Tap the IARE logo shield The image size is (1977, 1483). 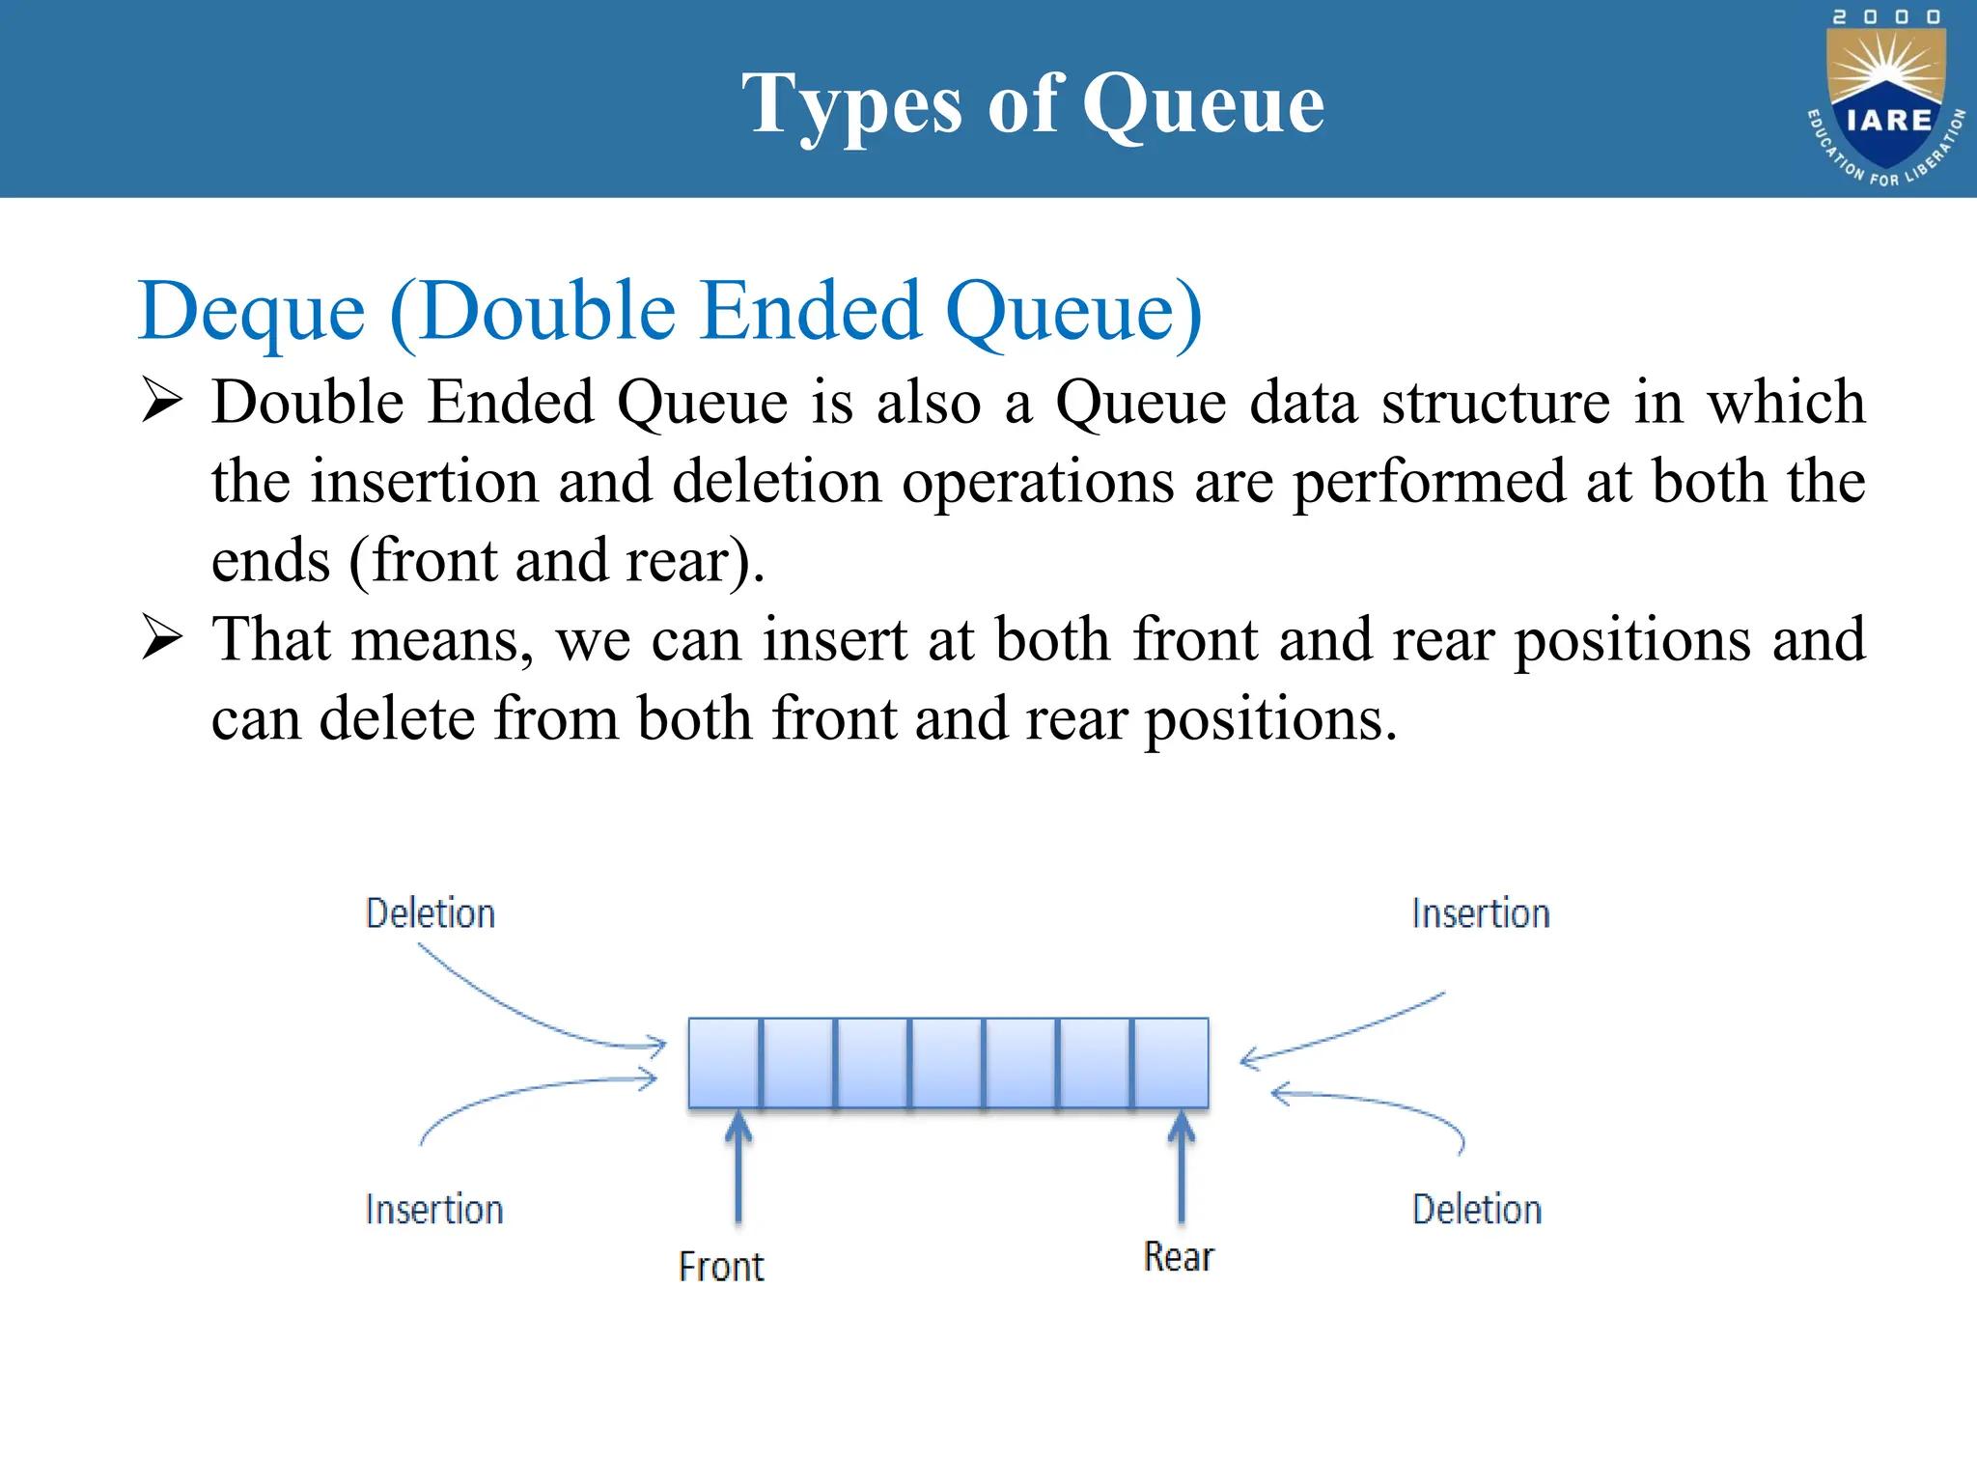pyautogui.click(x=1887, y=101)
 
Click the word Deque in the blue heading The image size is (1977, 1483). pyautogui.click(x=252, y=312)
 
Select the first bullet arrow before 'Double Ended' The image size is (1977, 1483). pyautogui.click(x=161, y=401)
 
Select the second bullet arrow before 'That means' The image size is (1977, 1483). pyautogui.click(x=161, y=638)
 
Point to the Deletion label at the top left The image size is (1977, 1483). pyautogui.click(x=431, y=913)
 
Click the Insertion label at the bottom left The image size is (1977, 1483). pyautogui.click(x=434, y=1210)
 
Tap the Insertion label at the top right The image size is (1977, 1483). pyautogui.click(x=1481, y=913)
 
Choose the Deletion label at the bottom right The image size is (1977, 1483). pyautogui.click(x=1477, y=1210)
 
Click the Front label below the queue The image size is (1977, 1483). pyautogui.click(x=721, y=1267)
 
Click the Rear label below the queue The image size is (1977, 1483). pyautogui.click(x=1179, y=1257)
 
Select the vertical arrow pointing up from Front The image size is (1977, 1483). pyautogui.click(x=738, y=1168)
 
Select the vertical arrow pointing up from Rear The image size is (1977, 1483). pyautogui.click(x=1182, y=1168)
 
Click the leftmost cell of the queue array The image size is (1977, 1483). pyautogui.click(x=724, y=1062)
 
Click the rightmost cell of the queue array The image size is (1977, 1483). pyautogui.click(x=1171, y=1062)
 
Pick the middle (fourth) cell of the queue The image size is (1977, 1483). pyautogui.click(x=947, y=1062)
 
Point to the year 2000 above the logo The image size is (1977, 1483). pyautogui.click(x=1886, y=17)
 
